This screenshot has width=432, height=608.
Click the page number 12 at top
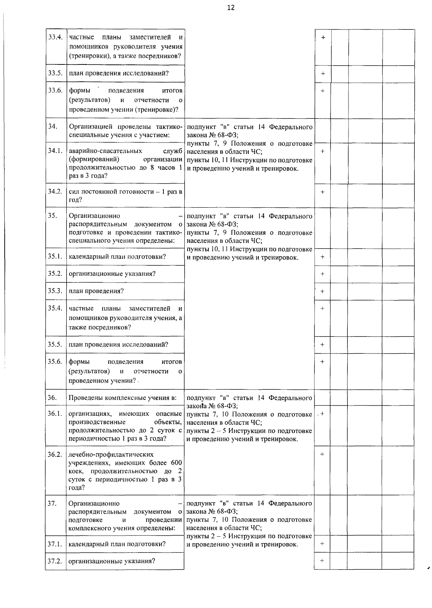(x=231, y=8)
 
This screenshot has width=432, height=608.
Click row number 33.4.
(x=55, y=37)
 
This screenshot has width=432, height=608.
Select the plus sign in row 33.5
(x=323, y=74)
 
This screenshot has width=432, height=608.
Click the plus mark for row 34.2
(x=323, y=192)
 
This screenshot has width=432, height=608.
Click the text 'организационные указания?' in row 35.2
(x=112, y=274)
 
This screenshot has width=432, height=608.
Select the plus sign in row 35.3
(x=323, y=291)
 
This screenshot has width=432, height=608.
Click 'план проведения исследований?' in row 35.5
(x=118, y=344)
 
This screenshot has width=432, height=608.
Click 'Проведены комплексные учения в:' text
(x=122, y=398)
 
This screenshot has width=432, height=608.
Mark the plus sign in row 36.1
(x=322, y=414)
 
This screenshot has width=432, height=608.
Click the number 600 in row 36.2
(x=176, y=463)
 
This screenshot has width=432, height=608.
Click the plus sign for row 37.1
(x=322, y=543)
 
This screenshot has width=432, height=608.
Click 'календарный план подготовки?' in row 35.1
(x=117, y=257)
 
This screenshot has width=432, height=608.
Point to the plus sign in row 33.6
(x=323, y=91)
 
